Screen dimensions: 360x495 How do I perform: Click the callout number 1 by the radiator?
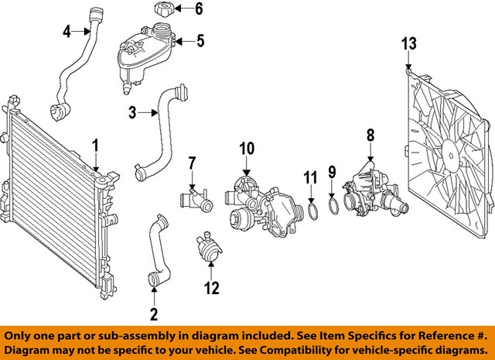(96, 145)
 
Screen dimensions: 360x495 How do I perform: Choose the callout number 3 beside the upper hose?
(132, 113)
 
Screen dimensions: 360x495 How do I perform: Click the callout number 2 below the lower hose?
(153, 314)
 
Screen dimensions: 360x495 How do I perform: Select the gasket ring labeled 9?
(331, 207)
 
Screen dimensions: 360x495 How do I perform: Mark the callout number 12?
(211, 288)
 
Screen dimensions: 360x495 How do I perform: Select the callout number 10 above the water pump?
(246, 147)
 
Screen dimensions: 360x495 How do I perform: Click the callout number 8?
(370, 134)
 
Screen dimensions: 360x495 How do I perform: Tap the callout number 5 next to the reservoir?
(200, 40)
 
